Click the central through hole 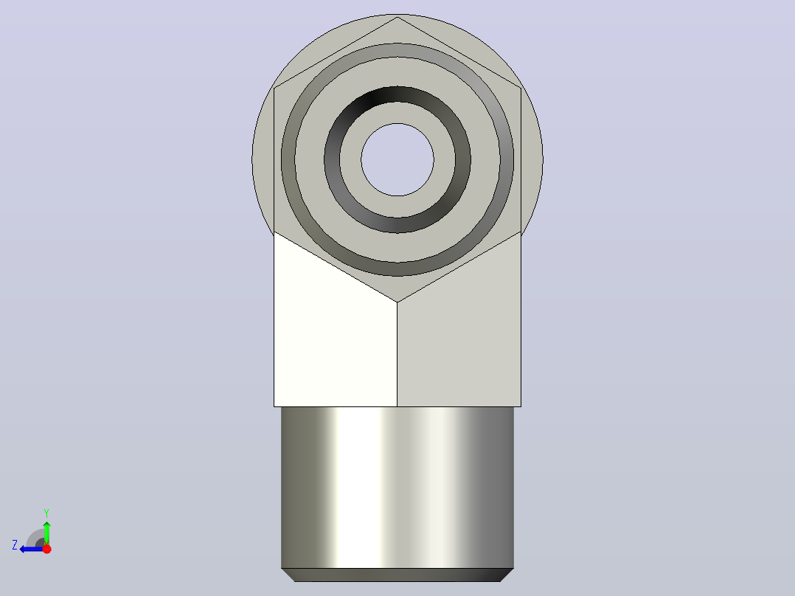pyautogui.click(x=397, y=159)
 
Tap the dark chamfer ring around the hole pyautogui.click(x=397, y=94)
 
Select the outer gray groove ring pyautogui.click(x=397, y=49)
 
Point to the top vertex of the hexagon pyautogui.click(x=397, y=17)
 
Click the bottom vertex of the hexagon pyautogui.click(x=397, y=302)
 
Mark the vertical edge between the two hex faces pyautogui.click(x=397, y=355)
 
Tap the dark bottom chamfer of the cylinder pyautogui.click(x=397, y=575)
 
